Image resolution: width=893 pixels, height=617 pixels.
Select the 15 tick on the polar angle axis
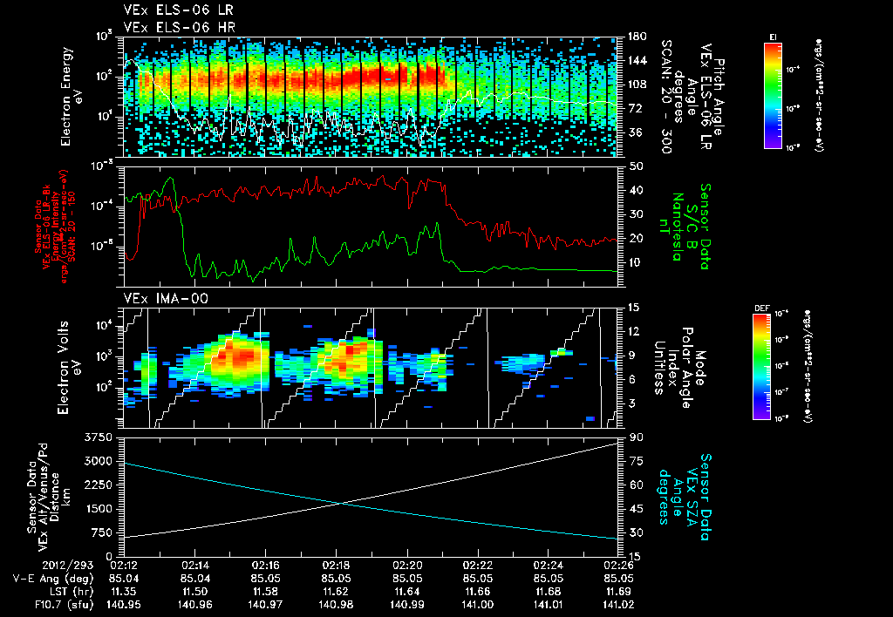tap(633, 308)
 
